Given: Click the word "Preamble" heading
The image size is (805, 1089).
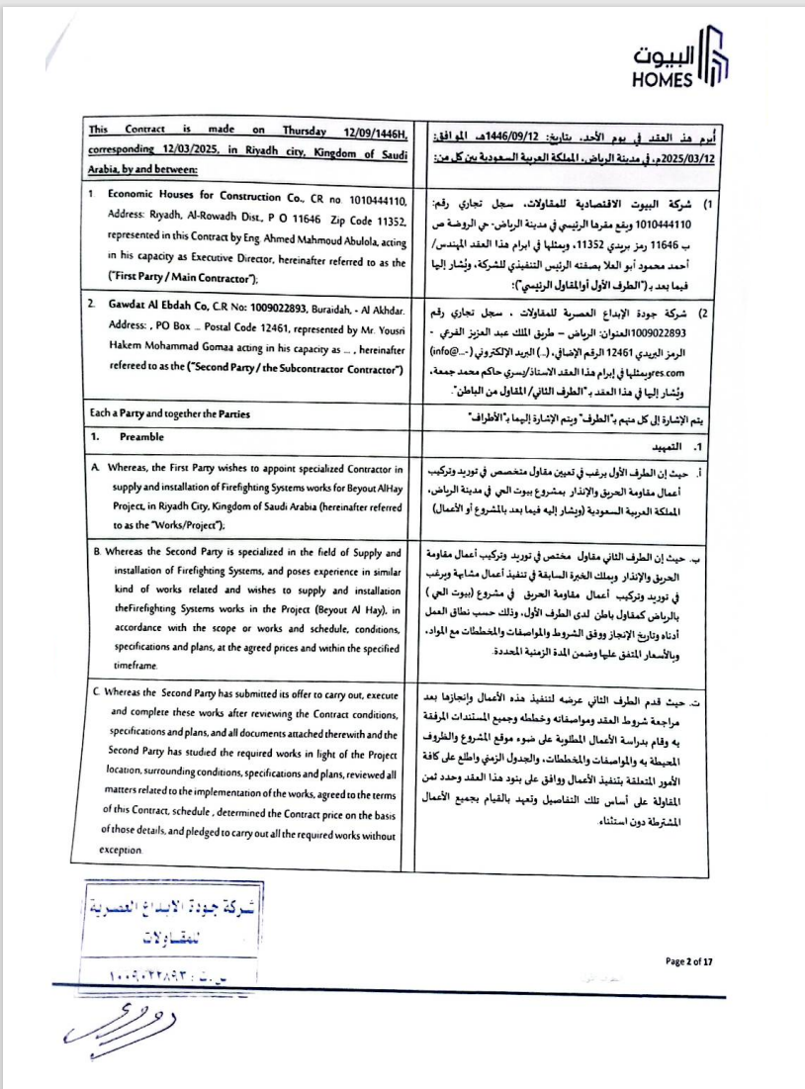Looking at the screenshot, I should [142, 436].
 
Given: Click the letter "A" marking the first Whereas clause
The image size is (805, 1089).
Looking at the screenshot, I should [94, 468].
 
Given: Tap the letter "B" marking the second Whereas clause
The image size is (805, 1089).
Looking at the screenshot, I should [94, 552].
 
